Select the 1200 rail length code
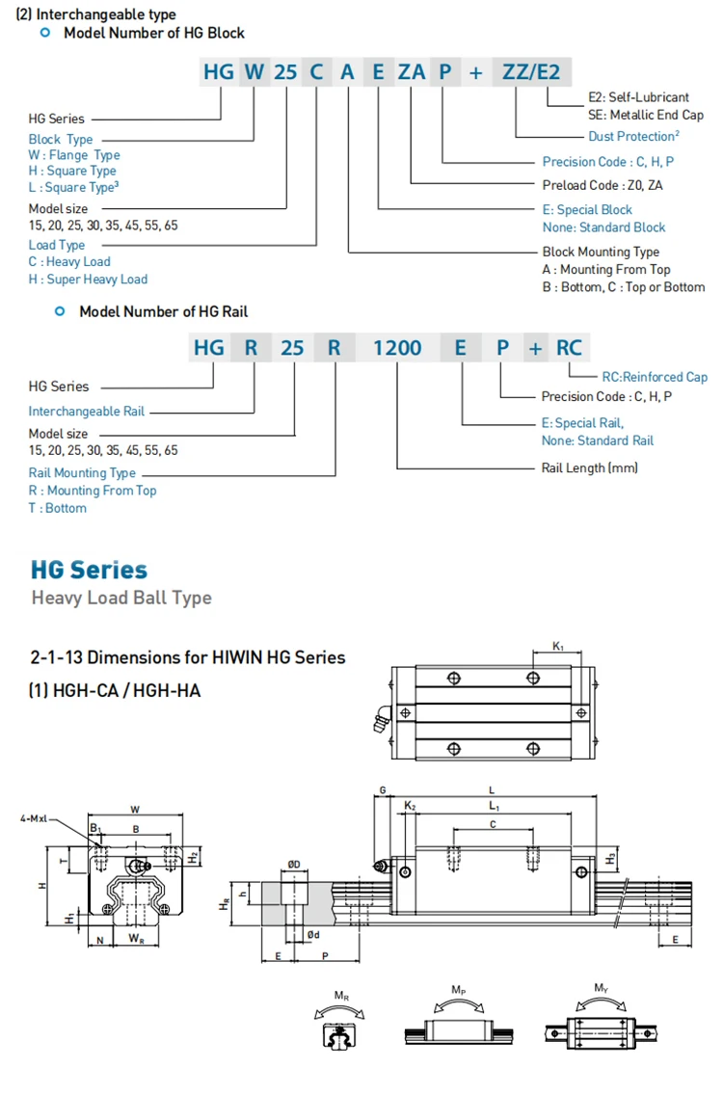[397, 347]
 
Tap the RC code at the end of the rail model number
[569, 347]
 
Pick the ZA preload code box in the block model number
[412, 71]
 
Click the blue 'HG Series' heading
[89, 570]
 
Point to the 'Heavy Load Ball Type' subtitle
[121, 598]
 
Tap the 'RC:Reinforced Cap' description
[655, 377]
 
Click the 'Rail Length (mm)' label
[590, 467]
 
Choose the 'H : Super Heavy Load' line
[88, 280]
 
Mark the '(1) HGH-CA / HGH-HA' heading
[116, 690]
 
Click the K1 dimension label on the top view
[558, 647]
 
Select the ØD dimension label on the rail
[293, 864]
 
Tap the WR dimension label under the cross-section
[136, 937]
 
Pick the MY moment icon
[602, 1022]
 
